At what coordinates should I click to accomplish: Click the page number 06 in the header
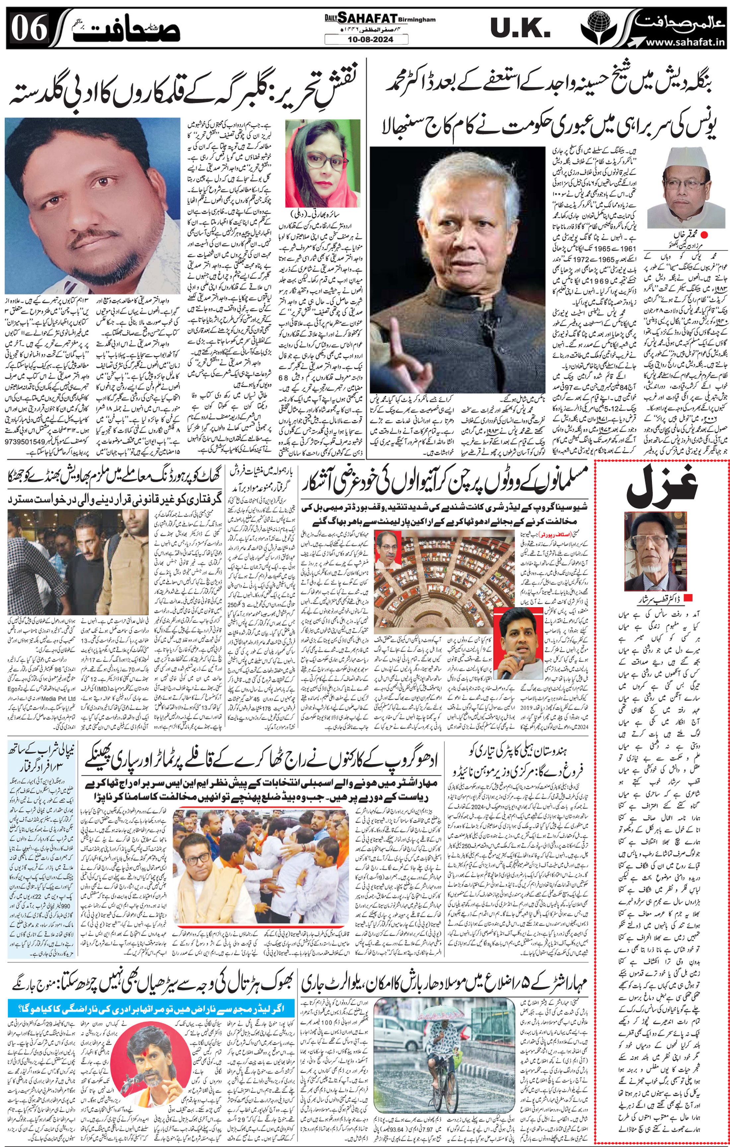click(x=30, y=29)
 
